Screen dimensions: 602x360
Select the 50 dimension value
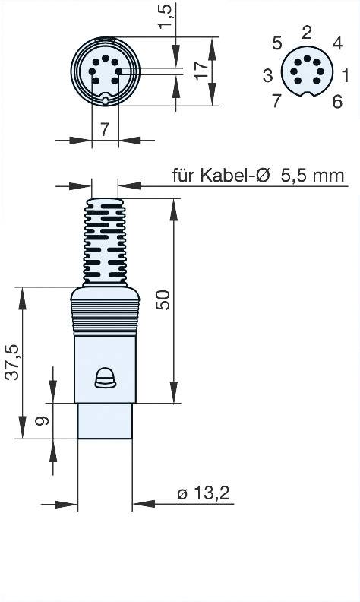pos(163,300)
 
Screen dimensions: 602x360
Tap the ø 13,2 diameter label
pos(203,495)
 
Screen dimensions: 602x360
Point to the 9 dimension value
pos(43,421)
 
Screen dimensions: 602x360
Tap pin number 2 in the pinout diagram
pos(306,32)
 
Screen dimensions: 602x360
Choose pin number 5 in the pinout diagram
pos(277,42)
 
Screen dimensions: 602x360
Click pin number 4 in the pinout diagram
pos(337,43)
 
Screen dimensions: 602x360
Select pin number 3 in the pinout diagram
pos(268,74)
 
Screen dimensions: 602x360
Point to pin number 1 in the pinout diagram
pos(346,74)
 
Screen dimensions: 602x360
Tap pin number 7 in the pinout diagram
pos(276,101)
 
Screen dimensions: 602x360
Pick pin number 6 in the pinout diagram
pos(337,101)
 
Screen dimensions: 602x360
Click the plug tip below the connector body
pos(105,420)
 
